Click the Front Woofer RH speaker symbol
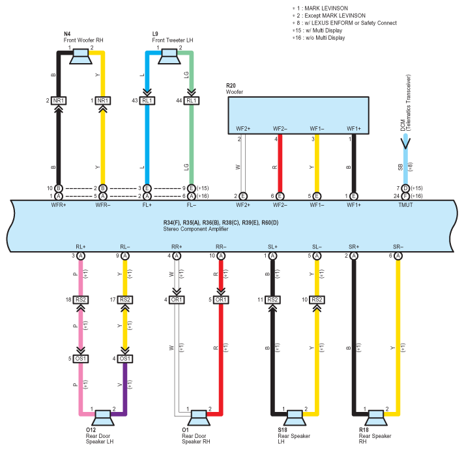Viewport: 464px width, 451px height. point(81,57)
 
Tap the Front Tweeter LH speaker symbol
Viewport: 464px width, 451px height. point(169,57)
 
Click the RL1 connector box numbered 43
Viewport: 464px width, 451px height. point(147,101)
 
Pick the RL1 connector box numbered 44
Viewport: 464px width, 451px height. point(191,101)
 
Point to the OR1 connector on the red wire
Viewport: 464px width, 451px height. point(222,300)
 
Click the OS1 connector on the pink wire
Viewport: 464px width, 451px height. point(81,359)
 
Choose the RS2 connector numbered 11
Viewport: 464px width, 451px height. point(272,300)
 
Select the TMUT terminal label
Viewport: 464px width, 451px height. point(405,206)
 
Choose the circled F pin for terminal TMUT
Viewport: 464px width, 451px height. point(405,196)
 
